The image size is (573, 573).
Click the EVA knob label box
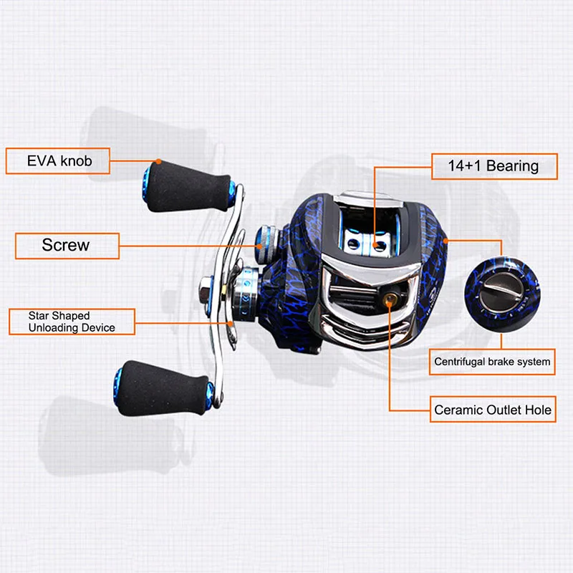59,160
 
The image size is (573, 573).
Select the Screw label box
67,245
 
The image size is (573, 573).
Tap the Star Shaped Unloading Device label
72,322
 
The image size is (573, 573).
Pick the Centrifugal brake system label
492,362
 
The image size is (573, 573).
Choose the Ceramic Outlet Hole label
493,410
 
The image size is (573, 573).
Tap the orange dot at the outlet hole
389,302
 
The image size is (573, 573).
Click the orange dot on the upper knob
157,161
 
